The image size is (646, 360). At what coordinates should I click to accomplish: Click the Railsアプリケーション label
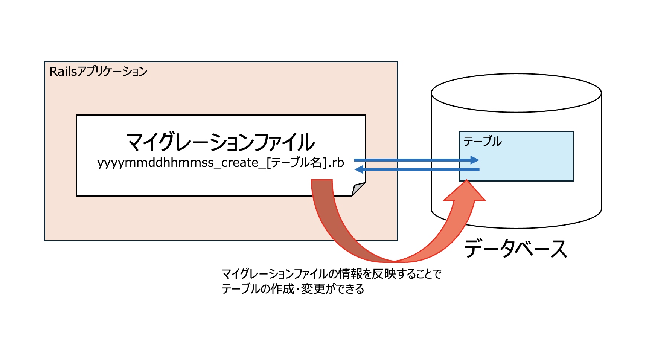(98, 72)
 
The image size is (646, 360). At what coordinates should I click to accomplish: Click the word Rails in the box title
(63, 72)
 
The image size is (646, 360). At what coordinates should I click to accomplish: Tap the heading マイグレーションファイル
(220, 142)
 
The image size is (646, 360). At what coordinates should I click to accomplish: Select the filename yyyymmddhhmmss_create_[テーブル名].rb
(221, 163)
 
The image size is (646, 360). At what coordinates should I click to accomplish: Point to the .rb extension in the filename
(336, 163)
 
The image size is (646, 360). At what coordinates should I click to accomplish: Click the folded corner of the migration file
(358, 189)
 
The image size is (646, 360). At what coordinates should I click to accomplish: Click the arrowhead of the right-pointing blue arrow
(475, 160)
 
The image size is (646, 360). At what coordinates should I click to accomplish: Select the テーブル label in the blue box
(482, 141)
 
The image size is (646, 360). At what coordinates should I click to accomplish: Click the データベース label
(515, 249)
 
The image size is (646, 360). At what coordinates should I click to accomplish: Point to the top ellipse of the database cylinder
(516, 93)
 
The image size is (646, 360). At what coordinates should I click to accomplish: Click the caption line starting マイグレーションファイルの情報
(331, 274)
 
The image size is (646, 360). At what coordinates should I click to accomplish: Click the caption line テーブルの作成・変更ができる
(293, 289)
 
